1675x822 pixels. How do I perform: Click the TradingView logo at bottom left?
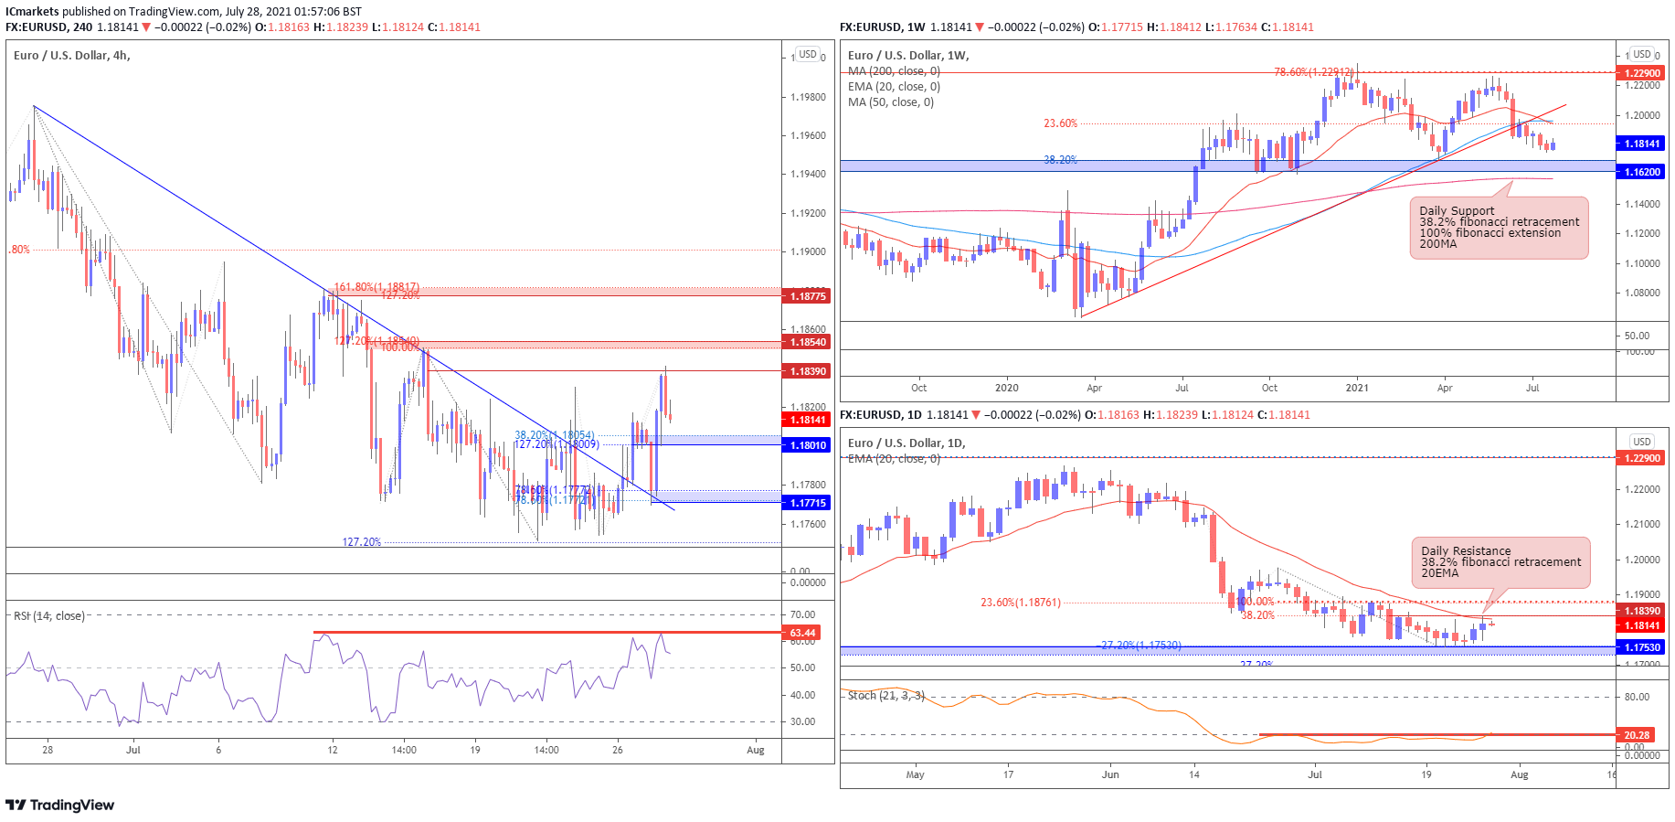click(x=60, y=806)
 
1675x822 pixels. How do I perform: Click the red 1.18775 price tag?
click(x=807, y=296)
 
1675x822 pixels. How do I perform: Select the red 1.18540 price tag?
click(x=807, y=342)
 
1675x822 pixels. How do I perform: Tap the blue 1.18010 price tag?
click(x=807, y=445)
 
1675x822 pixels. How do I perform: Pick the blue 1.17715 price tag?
click(x=807, y=503)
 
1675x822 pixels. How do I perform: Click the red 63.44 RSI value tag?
click(x=801, y=633)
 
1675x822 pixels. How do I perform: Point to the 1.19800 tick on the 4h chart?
click(x=808, y=97)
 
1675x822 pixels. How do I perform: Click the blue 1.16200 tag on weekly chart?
click(x=1642, y=172)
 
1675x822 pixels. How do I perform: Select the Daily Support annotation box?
click(x=1499, y=228)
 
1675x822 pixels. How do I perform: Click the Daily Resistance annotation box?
click(x=1500, y=562)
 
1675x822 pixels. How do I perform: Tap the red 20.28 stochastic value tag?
click(x=1637, y=735)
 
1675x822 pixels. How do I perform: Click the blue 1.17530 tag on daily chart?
click(x=1642, y=647)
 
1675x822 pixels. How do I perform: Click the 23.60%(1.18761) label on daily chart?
click(x=1021, y=603)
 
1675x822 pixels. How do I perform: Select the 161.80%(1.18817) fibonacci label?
click(x=376, y=287)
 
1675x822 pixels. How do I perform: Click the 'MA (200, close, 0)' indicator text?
click(x=894, y=71)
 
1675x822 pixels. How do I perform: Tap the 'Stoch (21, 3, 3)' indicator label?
click(x=885, y=696)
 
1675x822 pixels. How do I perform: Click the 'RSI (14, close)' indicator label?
click(x=49, y=616)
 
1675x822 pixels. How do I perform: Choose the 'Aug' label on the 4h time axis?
click(x=755, y=751)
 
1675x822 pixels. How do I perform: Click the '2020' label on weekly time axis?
click(x=1006, y=388)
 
